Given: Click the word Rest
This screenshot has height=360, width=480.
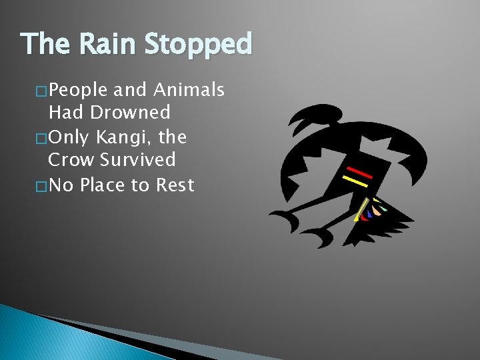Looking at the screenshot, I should click(x=175, y=185).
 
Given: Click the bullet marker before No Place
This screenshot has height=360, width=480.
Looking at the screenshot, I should click(x=41, y=186).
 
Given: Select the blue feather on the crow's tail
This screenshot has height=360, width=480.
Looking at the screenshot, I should click(x=370, y=214).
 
